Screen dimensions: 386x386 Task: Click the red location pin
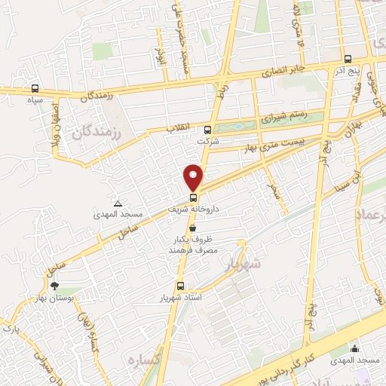(x=194, y=176)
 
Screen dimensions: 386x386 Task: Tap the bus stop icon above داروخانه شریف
(x=193, y=198)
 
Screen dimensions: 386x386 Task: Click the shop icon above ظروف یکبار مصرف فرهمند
(x=193, y=227)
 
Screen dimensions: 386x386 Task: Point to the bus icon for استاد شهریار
(x=179, y=286)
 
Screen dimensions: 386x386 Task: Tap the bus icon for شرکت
(x=208, y=129)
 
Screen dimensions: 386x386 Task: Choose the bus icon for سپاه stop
(x=35, y=88)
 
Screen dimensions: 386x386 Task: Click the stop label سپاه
(x=34, y=100)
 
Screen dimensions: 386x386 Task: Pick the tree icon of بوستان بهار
(x=54, y=285)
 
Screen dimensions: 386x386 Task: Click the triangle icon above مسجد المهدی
(x=118, y=204)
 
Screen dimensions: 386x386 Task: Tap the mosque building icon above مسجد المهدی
(x=354, y=348)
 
